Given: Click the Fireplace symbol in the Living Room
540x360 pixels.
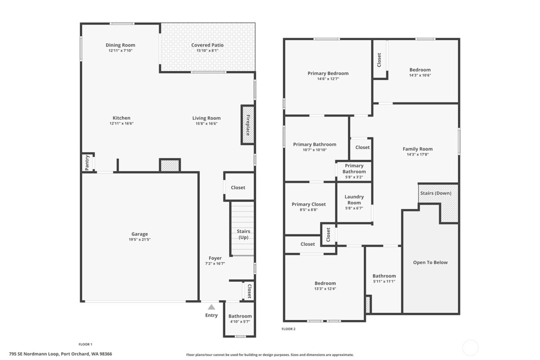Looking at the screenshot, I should coord(248,125).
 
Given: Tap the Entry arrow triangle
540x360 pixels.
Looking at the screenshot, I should coord(211,307).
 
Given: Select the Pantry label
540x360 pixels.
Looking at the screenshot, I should coord(87,162).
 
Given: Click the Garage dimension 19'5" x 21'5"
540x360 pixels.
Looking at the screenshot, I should coord(140,240).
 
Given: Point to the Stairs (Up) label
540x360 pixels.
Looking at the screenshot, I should coord(243,234).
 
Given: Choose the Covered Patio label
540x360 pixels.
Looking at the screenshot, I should coord(208,45).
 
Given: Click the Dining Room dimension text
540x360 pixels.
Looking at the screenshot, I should coord(120,51).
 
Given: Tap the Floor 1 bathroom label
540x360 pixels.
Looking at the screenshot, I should coord(240,316).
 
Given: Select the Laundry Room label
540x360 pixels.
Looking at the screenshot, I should coord(354,199).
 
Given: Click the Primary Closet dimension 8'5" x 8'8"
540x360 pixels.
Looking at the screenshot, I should coord(309,210).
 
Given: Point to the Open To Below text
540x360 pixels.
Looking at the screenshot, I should coord(430,262).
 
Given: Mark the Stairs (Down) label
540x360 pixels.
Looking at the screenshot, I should coord(435,193).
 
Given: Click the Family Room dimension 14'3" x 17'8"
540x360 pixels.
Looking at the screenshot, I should coord(418,154).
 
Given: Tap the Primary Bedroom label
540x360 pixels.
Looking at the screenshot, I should coord(328,73).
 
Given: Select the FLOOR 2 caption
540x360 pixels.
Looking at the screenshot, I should coord(289,329).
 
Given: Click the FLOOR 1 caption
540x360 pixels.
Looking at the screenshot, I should coord(85,344).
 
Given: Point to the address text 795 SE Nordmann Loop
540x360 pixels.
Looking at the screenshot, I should coord(61,354).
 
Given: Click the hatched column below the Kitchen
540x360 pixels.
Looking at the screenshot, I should coord(170,166).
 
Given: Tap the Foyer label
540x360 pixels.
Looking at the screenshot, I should coord(215,258).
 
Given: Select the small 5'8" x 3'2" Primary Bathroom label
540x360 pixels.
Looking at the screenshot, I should coord(354,169).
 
